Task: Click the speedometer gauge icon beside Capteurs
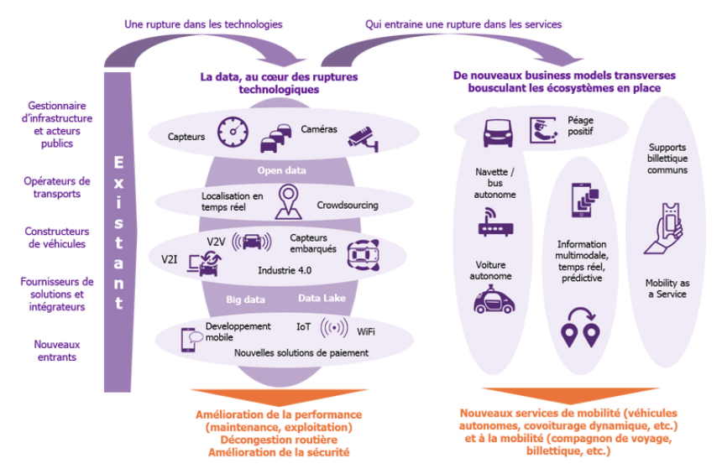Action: [233, 132]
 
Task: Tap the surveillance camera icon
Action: [364, 139]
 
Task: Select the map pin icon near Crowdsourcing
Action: [289, 201]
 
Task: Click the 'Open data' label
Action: [281, 170]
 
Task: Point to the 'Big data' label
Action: [245, 300]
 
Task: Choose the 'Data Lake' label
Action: [322, 298]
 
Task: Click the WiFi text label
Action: [366, 332]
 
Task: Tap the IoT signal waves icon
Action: [334, 328]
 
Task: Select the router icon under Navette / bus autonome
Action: [495, 221]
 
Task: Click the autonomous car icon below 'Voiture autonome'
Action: [494, 300]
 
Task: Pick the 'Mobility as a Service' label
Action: [667, 289]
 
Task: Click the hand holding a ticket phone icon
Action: [663, 229]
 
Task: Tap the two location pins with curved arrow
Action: [580, 328]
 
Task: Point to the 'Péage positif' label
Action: [580, 126]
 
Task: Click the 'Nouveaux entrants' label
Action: [57, 351]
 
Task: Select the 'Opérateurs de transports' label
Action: [57, 187]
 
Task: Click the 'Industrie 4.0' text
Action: [285, 271]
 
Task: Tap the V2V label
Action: [216, 242]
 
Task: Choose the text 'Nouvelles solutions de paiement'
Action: [301, 353]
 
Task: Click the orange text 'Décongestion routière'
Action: [279, 440]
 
